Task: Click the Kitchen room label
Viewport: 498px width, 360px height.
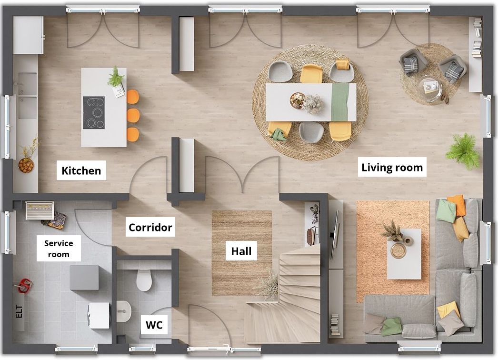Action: pyautogui.click(x=81, y=170)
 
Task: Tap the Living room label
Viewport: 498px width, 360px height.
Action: pyautogui.click(x=392, y=167)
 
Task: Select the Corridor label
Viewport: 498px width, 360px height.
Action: pyautogui.click(x=150, y=227)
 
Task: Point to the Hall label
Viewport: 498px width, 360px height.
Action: pyautogui.click(x=241, y=251)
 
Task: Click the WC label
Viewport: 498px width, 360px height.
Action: pyautogui.click(x=154, y=325)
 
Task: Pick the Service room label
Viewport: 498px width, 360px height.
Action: pyautogui.click(x=59, y=249)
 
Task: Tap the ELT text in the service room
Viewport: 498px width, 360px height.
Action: pyautogui.click(x=19, y=311)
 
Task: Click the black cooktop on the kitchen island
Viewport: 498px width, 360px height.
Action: pyautogui.click(x=94, y=113)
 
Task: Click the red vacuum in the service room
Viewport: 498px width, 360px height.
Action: pyautogui.click(x=24, y=285)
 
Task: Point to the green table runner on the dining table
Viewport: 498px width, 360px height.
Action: pyautogui.click(x=340, y=102)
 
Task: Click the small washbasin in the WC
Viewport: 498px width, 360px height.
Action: pyautogui.click(x=124, y=311)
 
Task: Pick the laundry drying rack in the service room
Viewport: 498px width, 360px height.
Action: pyautogui.click(x=40, y=210)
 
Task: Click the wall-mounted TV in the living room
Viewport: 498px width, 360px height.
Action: pyautogui.click(x=334, y=235)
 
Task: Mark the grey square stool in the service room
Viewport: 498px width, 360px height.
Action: pyautogui.click(x=84, y=278)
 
